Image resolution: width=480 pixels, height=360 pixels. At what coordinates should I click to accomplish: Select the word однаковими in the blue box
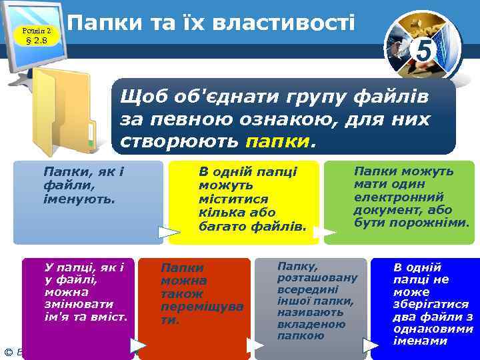click(x=433, y=329)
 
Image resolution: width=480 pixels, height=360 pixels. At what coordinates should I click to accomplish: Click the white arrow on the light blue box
click(x=169, y=232)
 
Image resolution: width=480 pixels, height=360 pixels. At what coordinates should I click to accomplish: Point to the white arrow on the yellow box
click(x=324, y=232)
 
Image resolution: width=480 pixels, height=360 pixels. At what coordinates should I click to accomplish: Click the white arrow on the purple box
click(x=138, y=345)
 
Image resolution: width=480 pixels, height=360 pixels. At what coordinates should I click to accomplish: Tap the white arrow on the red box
click(x=255, y=345)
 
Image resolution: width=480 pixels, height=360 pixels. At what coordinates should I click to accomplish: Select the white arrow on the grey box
click(x=371, y=345)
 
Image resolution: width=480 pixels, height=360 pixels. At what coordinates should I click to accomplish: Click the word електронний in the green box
click(x=399, y=197)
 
